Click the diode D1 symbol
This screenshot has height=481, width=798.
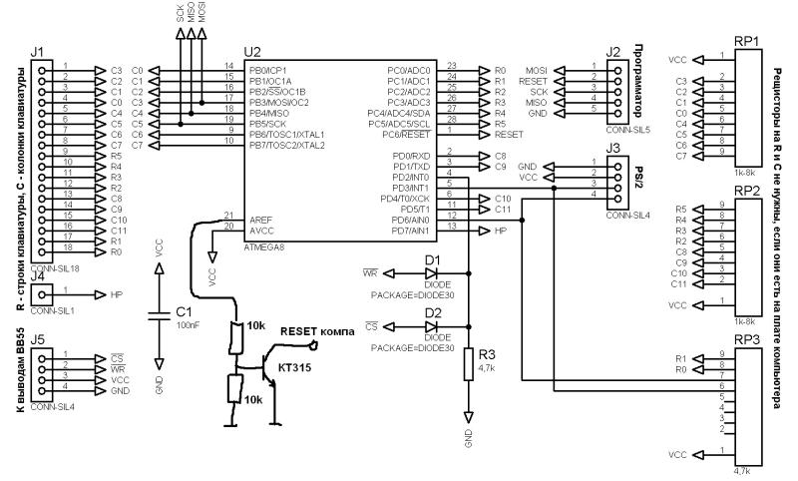click(x=432, y=271)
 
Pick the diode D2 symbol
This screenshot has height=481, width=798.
click(x=432, y=325)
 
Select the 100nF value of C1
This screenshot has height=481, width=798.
click(x=190, y=325)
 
